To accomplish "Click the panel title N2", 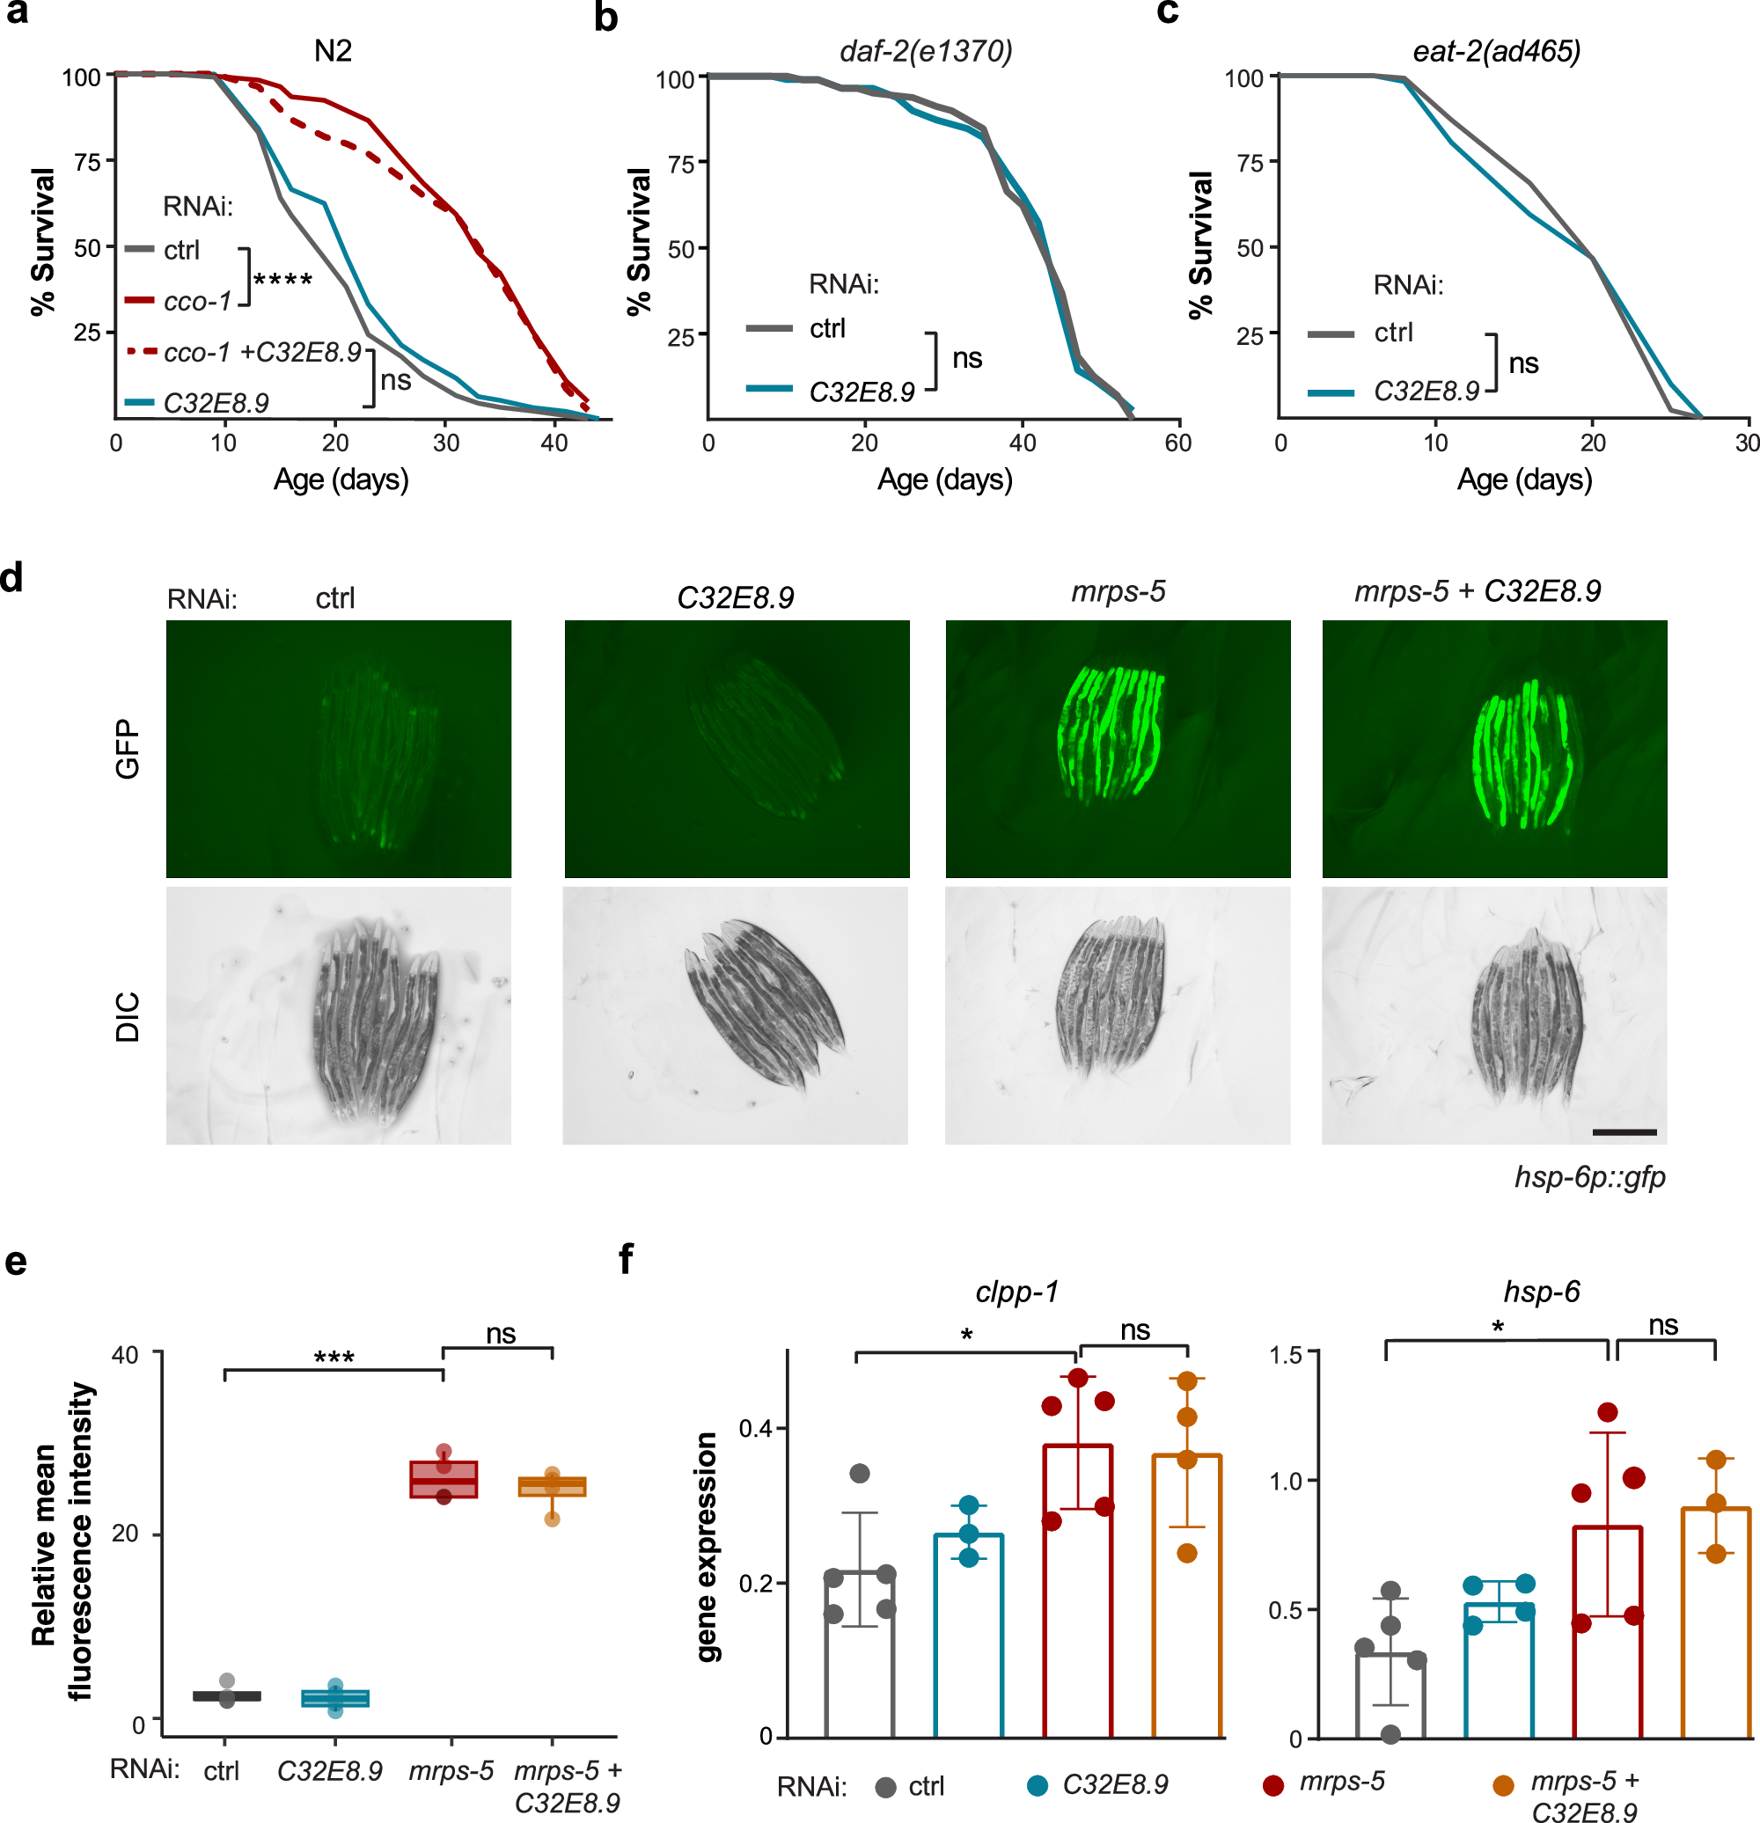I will (x=333, y=50).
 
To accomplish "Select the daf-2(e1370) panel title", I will (x=926, y=50).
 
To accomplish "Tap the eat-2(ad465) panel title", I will (x=1496, y=50).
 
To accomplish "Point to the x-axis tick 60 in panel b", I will (x=1177, y=443).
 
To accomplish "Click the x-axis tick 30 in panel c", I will (x=1746, y=443).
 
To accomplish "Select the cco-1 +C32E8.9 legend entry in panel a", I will (x=261, y=353).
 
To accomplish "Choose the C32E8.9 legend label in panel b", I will (x=862, y=392).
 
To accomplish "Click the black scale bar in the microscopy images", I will (x=1624, y=1132).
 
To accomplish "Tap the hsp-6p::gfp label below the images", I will (x=1590, y=1177).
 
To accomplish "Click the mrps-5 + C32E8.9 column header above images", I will (x=1478, y=591).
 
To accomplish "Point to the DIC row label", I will (x=128, y=1015).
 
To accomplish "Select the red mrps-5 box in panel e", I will (x=444, y=1480).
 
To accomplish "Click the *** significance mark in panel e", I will (x=333, y=1358).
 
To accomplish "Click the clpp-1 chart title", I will (x=1016, y=1292).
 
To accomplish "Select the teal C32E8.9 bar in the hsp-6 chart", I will (x=1499, y=1670).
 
